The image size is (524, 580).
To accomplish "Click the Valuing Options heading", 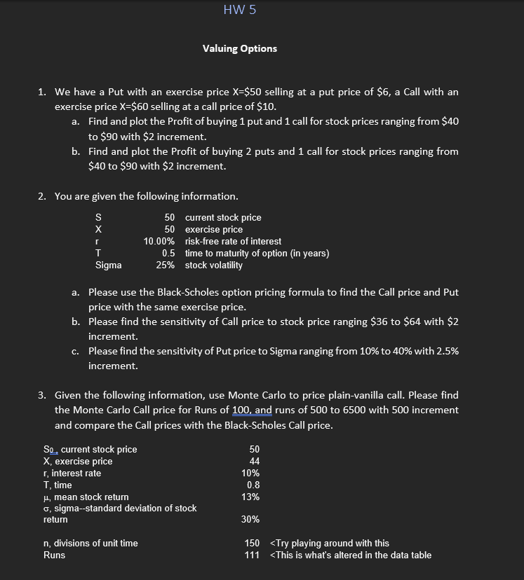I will (x=240, y=48).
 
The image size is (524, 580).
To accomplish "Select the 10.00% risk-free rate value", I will (x=159, y=241).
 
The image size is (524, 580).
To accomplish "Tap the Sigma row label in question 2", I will (x=108, y=265).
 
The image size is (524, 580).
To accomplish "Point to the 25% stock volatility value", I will (x=166, y=265).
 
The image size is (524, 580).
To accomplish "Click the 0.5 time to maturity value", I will (x=168, y=253).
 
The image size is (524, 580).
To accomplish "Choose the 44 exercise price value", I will (x=255, y=461).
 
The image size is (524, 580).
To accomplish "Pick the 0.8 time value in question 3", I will (x=254, y=485).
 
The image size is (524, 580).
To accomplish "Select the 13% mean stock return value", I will (x=250, y=497).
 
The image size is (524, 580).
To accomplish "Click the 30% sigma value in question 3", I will (x=250, y=519).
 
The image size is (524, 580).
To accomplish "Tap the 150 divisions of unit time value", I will (x=252, y=543).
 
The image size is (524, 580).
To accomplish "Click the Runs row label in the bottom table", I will (x=54, y=555).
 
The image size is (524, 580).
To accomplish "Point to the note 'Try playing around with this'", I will (x=330, y=543).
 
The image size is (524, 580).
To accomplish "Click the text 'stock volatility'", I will (x=214, y=265).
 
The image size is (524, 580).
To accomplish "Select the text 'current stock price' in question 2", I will (x=223, y=217).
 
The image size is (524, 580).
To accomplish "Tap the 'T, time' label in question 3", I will (x=58, y=485).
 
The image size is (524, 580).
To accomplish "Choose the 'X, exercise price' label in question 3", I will (x=78, y=461).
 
